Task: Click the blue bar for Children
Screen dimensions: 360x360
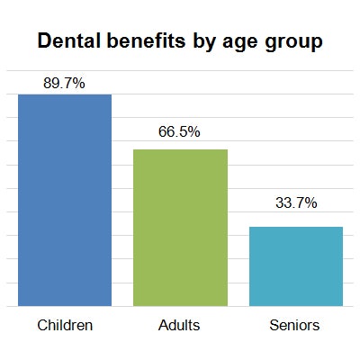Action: click(65, 200)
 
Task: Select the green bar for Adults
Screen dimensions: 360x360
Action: click(180, 228)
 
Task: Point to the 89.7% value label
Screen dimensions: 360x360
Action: click(64, 83)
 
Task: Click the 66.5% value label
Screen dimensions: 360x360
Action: click(179, 132)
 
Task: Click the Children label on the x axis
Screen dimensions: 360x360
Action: click(65, 325)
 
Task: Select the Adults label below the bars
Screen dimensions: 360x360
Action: click(179, 325)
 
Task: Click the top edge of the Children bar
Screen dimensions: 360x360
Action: click(65, 94)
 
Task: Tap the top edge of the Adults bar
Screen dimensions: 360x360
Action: click(180, 149)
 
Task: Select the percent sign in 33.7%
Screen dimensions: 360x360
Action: click(310, 203)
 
